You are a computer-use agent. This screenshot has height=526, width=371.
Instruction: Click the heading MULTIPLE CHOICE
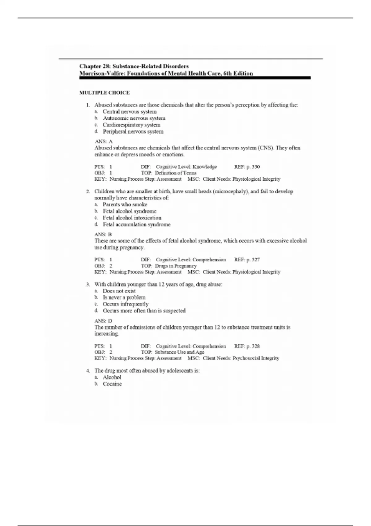pos(104,93)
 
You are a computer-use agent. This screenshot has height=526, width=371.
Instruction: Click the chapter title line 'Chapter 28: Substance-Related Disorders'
pos(134,66)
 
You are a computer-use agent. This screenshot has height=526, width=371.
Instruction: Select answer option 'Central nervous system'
pos(130,112)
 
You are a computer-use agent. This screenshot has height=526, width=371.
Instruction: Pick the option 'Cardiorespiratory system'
pos(131,125)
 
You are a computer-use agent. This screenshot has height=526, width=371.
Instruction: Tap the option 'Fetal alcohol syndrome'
pos(130,211)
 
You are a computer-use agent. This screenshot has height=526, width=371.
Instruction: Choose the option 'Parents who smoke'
pos(125,205)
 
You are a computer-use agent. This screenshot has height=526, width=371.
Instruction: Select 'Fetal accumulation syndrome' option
pos(136,224)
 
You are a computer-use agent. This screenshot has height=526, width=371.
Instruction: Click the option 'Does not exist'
pos(119,291)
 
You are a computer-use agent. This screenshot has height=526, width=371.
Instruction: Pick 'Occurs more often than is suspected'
pos(144,310)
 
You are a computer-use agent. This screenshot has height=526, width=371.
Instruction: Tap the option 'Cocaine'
pos(112,384)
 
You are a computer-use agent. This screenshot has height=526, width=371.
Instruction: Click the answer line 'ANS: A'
pos(104,141)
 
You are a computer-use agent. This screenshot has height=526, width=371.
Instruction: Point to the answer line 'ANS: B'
pos(103,234)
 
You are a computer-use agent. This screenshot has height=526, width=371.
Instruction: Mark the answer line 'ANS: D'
pos(103,321)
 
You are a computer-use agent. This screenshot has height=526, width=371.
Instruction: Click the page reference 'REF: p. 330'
pos(247,167)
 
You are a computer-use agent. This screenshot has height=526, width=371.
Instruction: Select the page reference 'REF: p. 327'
pos(247,260)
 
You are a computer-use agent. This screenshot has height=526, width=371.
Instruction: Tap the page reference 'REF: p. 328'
pos(247,346)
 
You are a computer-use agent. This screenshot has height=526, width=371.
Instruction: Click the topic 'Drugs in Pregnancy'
pos(176,266)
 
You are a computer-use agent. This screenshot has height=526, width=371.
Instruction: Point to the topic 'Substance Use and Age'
pos(179,352)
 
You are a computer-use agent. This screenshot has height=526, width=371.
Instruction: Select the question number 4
pos(88,371)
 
